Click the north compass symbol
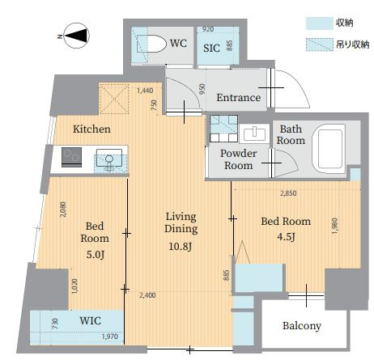coord(77,36)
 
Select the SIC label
coord(211,49)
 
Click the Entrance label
coord(239,98)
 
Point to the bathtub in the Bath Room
coord(329,149)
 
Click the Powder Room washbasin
coord(254,133)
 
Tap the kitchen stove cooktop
coord(71,157)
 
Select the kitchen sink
coord(109,160)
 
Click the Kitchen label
coord(91,129)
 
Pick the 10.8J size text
coord(181,246)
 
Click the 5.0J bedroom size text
coord(95,255)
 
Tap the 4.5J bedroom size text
coord(286,237)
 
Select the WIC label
coord(90,321)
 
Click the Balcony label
coord(302,326)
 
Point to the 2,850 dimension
coord(288,193)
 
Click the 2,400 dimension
coord(147,295)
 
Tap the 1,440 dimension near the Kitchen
coord(145,91)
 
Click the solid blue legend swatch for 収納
coord(319,23)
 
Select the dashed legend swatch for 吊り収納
coord(319,44)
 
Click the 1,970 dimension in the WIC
coord(110,337)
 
